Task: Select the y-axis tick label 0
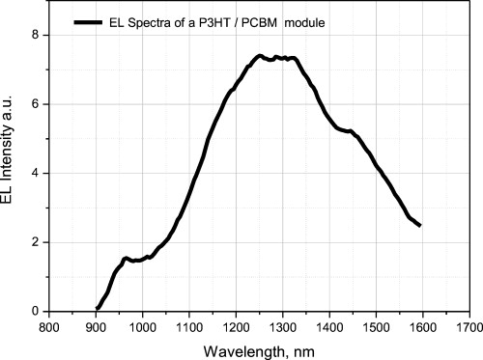pos(36,312)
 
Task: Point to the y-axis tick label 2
pos(36,242)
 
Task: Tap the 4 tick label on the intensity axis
pos(36,174)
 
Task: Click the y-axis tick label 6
pos(36,104)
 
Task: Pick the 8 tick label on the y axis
pos(36,36)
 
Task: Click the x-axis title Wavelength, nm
pos(259,347)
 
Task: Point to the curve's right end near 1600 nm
pos(420,226)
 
